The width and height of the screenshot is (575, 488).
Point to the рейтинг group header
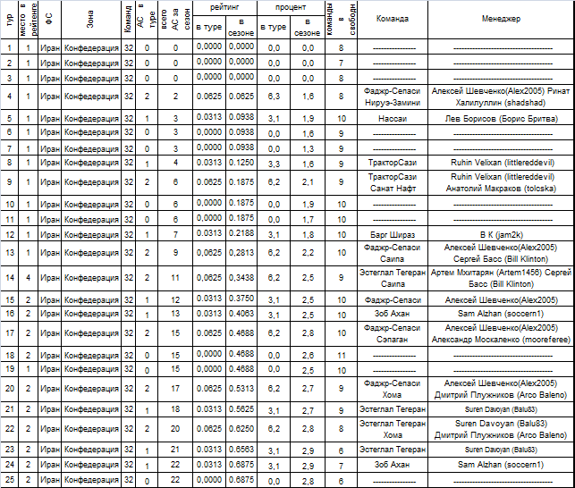click(x=224, y=6)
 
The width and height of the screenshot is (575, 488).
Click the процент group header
click(x=290, y=6)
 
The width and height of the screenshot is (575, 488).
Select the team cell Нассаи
click(x=393, y=118)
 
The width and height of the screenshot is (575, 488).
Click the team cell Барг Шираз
click(x=393, y=234)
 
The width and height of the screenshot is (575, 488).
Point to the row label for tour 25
click(x=9, y=481)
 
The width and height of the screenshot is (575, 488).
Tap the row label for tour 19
click(x=9, y=368)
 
